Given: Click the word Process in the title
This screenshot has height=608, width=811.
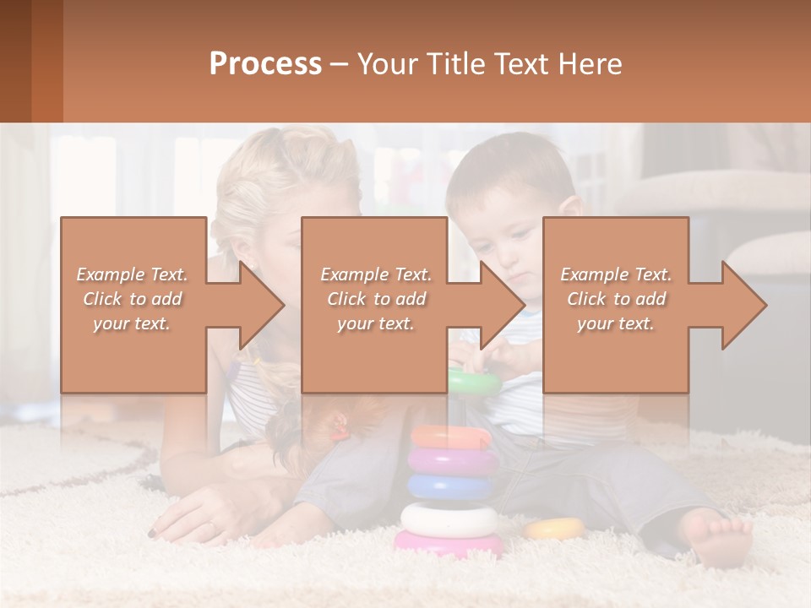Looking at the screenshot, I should (x=265, y=64).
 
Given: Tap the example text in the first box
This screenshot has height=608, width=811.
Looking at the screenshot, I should (x=132, y=299).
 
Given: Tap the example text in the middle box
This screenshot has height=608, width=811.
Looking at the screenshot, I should (x=376, y=299).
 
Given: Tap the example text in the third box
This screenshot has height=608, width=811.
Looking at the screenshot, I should (x=616, y=299).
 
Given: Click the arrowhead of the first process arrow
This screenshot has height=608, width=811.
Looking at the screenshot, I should (x=261, y=305).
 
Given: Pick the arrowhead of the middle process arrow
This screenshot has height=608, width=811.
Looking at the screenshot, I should (x=502, y=305).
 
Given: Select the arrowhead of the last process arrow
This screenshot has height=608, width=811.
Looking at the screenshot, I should (x=743, y=305).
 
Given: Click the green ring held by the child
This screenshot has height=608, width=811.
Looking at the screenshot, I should (x=474, y=382).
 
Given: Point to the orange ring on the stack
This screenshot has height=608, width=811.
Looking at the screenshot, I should (x=451, y=437).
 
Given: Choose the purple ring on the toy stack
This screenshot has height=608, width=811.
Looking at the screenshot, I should (x=453, y=461).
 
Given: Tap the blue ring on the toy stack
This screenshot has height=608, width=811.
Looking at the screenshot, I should (x=451, y=486).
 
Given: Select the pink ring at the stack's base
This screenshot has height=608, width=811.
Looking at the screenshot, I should (x=449, y=543).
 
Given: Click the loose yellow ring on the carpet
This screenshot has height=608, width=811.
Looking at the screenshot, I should (x=554, y=529).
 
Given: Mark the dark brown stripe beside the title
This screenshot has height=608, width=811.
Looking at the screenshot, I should (x=15, y=61).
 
